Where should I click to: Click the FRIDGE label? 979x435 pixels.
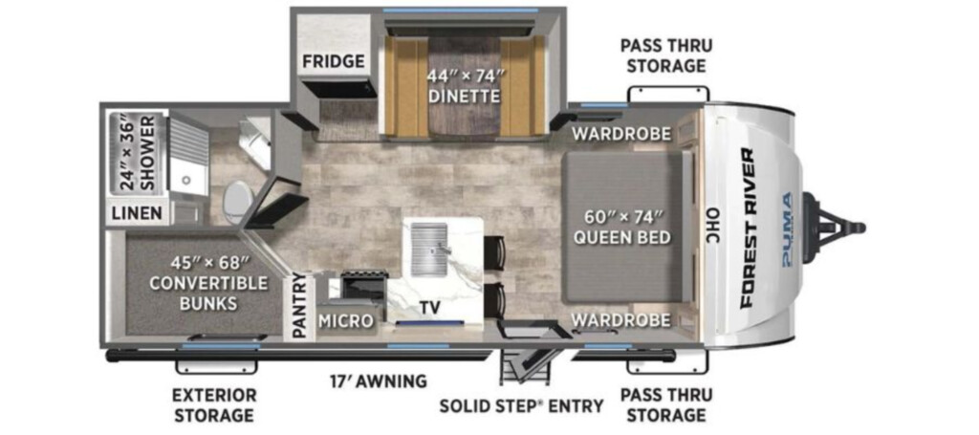(334, 61)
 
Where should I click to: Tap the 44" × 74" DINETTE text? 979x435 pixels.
(466, 87)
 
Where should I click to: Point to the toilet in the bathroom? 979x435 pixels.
(235, 201)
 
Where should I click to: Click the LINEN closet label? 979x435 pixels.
(138, 213)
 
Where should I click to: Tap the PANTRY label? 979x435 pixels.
(299, 307)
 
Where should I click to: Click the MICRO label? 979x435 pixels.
(346, 321)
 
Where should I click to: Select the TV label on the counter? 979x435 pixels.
(430, 307)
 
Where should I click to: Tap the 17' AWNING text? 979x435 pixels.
(379, 381)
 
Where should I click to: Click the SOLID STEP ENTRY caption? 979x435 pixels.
(521, 405)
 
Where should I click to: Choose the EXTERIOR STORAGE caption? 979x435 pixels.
(215, 404)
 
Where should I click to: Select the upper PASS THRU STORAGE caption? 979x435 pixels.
(666, 55)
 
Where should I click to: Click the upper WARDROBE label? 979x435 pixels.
(621, 134)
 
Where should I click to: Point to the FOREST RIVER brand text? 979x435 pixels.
(748, 228)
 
